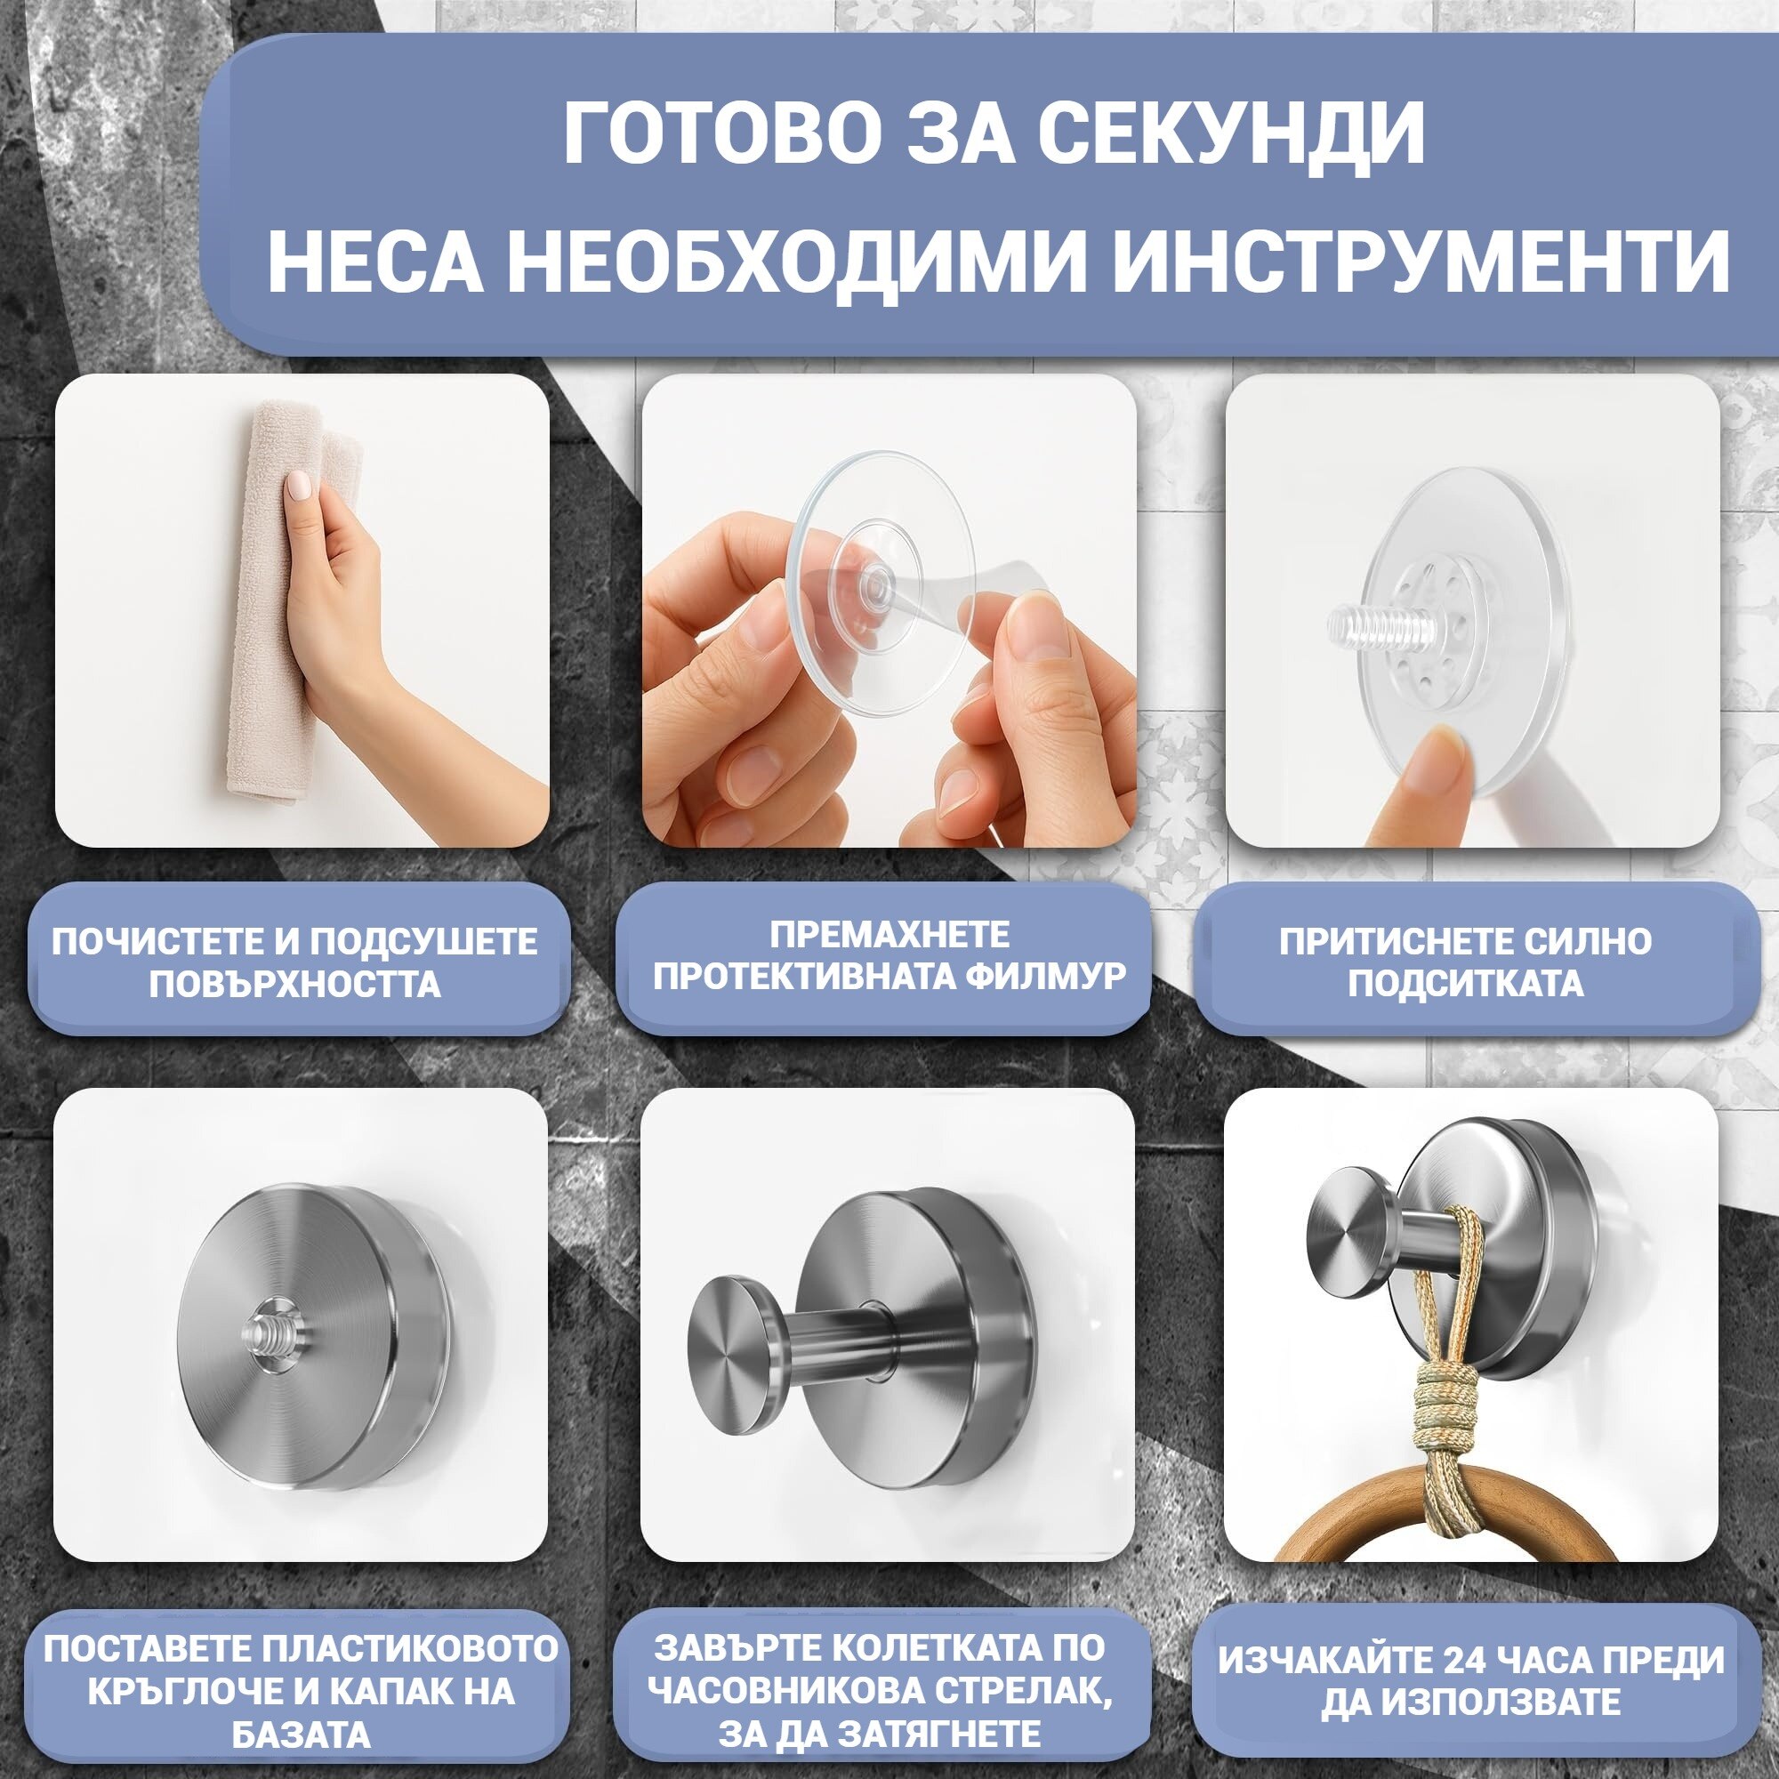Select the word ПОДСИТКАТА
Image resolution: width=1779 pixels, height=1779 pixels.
point(1466,984)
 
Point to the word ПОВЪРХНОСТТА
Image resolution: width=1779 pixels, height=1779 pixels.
point(294,985)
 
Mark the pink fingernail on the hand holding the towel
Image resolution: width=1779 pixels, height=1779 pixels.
point(299,485)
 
